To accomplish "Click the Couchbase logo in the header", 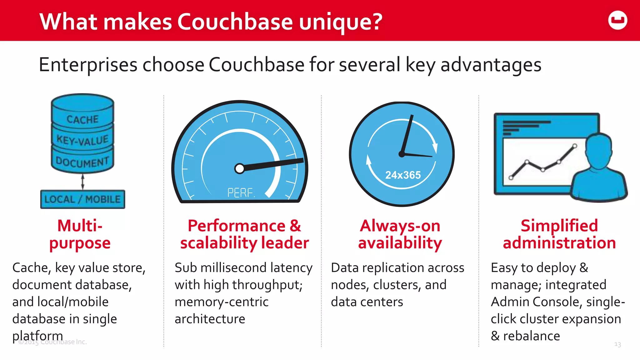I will pyautogui.click(x=617, y=20).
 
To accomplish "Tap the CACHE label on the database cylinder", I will pyautogui.click(x=82, y=119).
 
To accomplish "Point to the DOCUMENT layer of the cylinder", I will pyautogui.click(x=82, y=162).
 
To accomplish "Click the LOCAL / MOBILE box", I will pyautogui.click(x=82, y=199).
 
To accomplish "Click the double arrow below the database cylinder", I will pyautogui.click(x=82, y=182).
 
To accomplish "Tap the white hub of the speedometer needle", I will pyautogui.click(x=240, y=169).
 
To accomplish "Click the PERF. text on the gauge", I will pyautogui.click(x=241, y=193).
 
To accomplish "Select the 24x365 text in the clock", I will pyautogui.click(x=403, y=175).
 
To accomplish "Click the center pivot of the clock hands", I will pyautogui.click(x=402, y=154).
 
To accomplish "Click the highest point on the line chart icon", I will pyautogui.click(x=575, y=146).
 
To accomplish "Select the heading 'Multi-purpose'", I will pyautogui.click(x=80, y=234).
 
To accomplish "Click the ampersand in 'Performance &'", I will pyautogui.click(x=295, y=226).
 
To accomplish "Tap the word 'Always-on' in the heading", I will pyautogui.click(x=400, y=226).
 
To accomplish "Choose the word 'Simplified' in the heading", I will pyautogui.click(x=559, y=226).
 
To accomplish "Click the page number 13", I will pyautogui.click(x=617, y=344).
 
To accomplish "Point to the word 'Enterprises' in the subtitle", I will pyautogui.click(x=88, y=65).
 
